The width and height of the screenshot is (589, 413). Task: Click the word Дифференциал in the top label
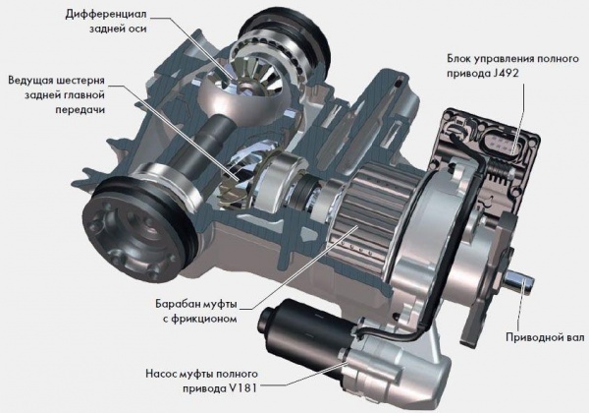point(106,15)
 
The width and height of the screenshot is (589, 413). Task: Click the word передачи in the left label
point(80,109)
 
